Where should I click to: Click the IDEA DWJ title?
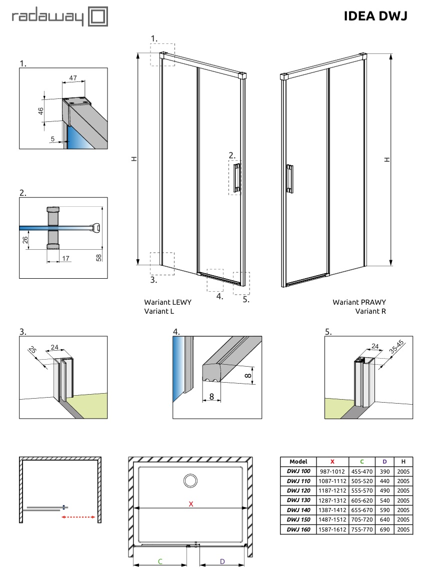(375, 16)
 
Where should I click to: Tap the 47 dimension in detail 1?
(73, 78)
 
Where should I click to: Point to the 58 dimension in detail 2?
(99, 257)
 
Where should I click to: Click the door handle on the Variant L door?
(236, 177)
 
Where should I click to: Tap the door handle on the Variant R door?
(289, 178)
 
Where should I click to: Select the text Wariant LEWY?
(167, 302)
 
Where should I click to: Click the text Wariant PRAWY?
(359, 302)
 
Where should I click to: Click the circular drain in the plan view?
(190, 481)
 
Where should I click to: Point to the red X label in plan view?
(190, 504)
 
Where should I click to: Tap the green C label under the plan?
(160, 562)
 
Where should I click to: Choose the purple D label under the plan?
(222, 562)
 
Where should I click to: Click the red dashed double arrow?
(78, 518)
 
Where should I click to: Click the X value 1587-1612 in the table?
(332, 529)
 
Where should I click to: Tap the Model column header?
(298, 462)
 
